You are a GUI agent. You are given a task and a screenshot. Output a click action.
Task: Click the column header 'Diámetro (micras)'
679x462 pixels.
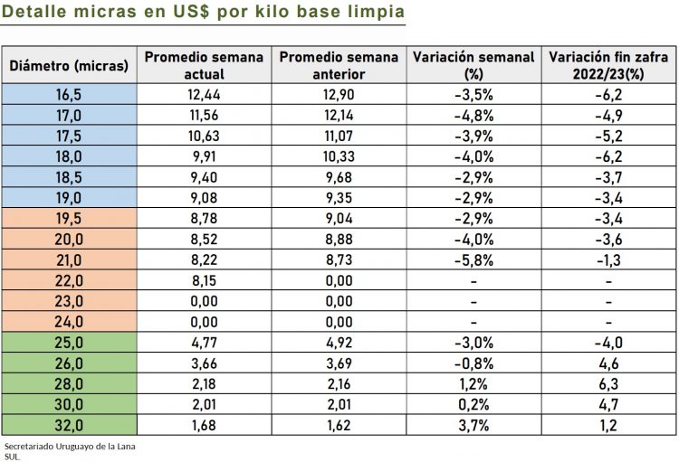pos(69,65)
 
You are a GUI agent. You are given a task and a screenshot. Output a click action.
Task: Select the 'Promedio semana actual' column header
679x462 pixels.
pos(204,65)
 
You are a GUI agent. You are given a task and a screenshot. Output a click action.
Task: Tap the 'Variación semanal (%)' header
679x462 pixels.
pos(473,65)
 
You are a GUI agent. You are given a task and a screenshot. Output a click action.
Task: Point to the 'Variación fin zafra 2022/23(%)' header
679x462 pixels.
pos(608,65)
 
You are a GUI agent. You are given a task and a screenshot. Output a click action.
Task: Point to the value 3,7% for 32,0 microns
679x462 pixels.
pos(473,424)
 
